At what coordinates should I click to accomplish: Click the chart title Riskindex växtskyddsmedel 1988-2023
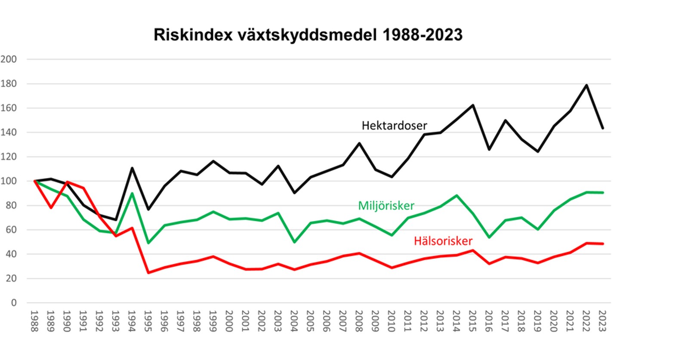pyautogui.click(x=308, y=35)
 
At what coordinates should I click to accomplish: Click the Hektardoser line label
pyautogui.click(x=394, y=126)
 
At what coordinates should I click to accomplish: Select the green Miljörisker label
pyautogui.click(x=386, y=206)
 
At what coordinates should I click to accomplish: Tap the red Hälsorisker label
pyautogui.click(x=443, y=241)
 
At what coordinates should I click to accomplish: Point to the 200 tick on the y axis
pyautogui.click(x=9, y=59)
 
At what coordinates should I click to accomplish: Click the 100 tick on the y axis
pyautogui.click(x=9, y=181)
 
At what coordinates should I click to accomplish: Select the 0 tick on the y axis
pyautogui.click(x=14, y=303)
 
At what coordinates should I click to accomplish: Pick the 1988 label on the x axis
pyautogui.click(x=34, y=321)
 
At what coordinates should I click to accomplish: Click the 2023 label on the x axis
pyautogui.click(x=602, y=321)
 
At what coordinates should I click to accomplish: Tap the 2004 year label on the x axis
pyautogui.click(x=294, y=321)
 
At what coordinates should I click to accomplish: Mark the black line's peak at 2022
pyautogui.click(x=586, y=85)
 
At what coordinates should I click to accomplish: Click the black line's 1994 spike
pyautogui.click(x=132, y=168)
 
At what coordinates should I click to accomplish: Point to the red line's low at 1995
pyautogui.click(x=148, y=273)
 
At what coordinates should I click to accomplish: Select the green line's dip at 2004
pyautogui.click(x=294, y=242)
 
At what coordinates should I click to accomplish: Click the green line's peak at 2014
pyautogui.click(x=457, y=196)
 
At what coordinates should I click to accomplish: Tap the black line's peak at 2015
pyautogui.click(x=473, y=105)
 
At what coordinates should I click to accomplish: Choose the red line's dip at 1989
pyautogui.click(x=51, y=208)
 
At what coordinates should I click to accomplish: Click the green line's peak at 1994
pyautogui.click(x=132, y=193)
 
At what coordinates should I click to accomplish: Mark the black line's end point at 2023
pyautogui.click(x=602, y=128)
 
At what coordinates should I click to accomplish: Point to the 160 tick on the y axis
pyautogui.click(x=9, y=108)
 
